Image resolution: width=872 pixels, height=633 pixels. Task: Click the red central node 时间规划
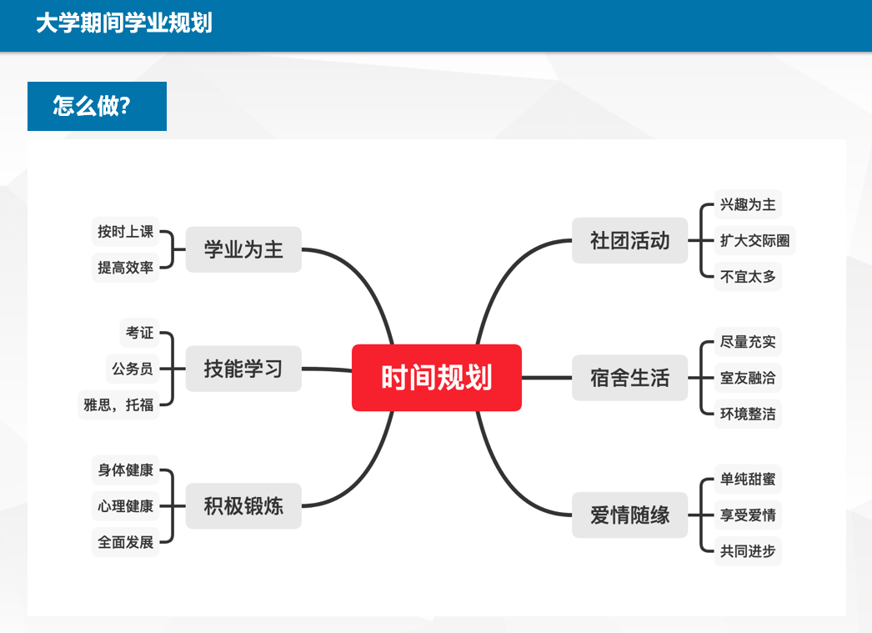[x=437, y=378]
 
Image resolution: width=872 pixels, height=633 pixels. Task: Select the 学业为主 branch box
[x=243, y=249]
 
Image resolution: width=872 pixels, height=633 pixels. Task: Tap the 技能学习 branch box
[x=243, y=369]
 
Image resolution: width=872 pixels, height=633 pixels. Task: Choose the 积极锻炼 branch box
[x=243, y=505]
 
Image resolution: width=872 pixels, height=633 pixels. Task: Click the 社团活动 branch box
[x=630, y=240]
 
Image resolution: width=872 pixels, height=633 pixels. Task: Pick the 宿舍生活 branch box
[x=630, y=378]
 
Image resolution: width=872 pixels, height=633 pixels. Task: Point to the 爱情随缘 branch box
[x=630, y=515]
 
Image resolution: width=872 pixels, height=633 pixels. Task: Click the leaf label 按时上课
[x=126, y=231]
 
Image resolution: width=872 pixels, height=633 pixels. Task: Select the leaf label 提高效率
[x=126, y=268]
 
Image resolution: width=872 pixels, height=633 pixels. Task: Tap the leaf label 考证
[x=139, y=333]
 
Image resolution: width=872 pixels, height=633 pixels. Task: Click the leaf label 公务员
[x=133, y=369]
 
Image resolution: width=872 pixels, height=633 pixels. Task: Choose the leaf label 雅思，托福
[x=118, y=405]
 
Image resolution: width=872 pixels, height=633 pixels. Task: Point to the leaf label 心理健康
[x=126, y=506]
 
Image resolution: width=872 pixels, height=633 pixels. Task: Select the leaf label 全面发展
[x=126, y=542]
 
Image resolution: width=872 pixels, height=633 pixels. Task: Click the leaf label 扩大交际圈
[x=754, y=240]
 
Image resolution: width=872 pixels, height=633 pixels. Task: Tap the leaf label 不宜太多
[x=748, y=276]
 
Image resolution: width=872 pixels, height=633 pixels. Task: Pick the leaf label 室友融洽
[x=748, y=378]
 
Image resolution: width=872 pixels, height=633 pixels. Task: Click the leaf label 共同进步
[x=748, y=551]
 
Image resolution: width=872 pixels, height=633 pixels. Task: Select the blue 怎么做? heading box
[x=98, y=106]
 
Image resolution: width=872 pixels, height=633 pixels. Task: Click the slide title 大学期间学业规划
[x=124, y=23]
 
